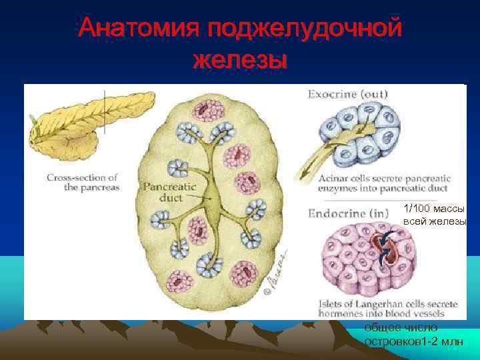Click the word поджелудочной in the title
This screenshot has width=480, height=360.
pos(304,28)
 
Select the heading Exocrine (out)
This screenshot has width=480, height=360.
pos(347,94)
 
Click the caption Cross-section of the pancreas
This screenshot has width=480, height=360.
pos(82,182)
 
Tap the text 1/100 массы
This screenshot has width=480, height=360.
pos(434,210)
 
